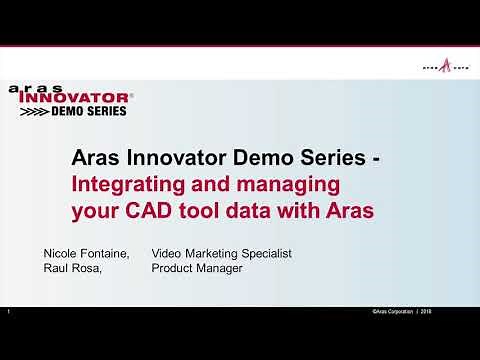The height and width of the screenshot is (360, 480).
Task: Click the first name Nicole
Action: coord(60,254)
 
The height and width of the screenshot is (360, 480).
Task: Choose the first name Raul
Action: coord(55,269)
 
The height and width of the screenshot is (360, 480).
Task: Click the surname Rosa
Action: coord(92,269)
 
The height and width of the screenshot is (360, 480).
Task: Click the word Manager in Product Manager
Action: coord(220,269)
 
